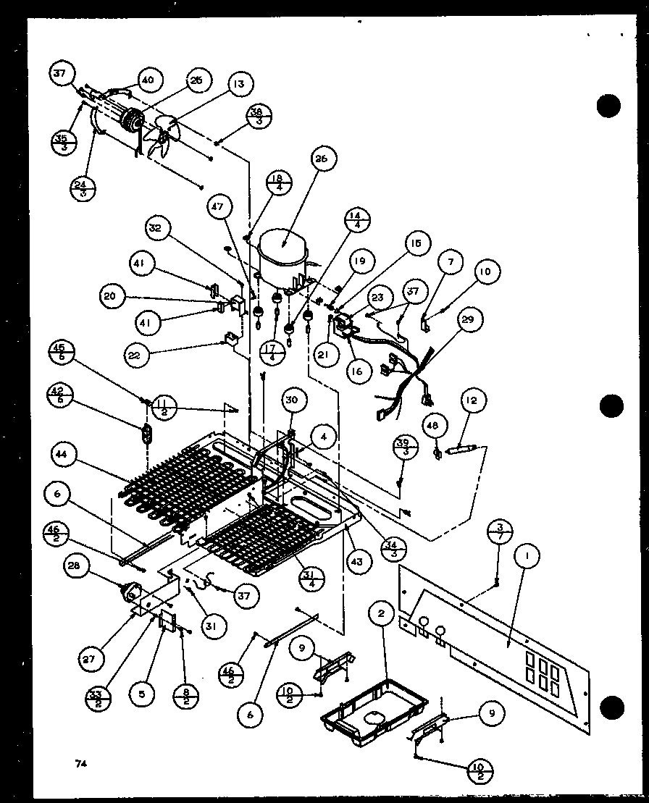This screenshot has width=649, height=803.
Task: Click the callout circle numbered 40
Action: tap(147, 81)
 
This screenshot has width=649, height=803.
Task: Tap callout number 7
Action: tap(450, 261)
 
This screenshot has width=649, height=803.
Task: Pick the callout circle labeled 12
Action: tap(475, 400)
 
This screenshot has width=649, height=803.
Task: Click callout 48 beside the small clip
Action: tap(434, 426)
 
